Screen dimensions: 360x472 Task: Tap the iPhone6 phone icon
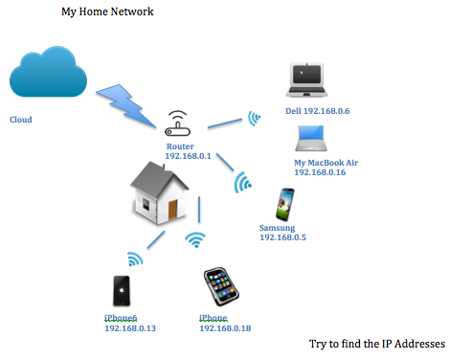(122, 293)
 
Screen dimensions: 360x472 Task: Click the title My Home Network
(107, 11)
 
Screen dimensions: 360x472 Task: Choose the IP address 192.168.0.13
(129, 328)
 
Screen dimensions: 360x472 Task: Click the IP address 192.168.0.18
(225, 328)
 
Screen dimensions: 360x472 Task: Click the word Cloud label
(20, 121)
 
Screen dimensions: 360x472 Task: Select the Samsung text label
(278, 227)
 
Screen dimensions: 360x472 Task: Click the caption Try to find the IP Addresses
(377, 344)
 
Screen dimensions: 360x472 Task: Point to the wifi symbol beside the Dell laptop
(254, 119)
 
